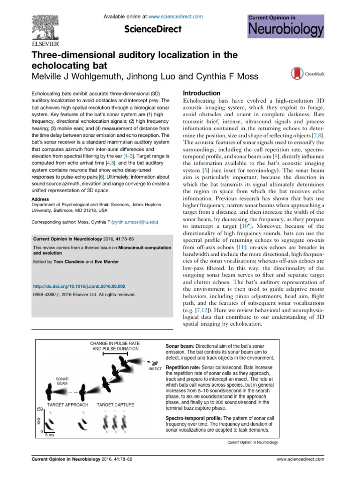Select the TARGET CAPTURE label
coord(115,405)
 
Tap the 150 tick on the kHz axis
coord(40,409)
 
